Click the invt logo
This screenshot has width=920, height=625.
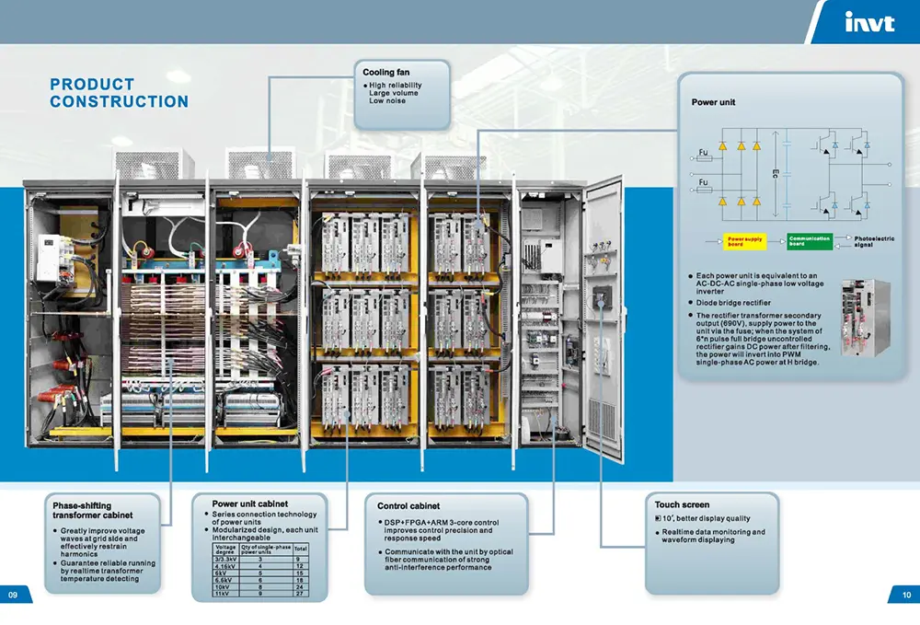pyautogui.click(x=868, y=23)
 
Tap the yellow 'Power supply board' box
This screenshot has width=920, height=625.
pyautogui.click(x=744, y=241)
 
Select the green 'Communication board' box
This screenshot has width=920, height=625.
pyautogui.click(x=810, y=241)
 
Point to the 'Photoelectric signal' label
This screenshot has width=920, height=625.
pyautogui.click(x=873, y=241)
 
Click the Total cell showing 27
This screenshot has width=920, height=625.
pyautogui.click(x=300, y=595)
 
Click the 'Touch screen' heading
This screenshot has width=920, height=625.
pyautogui.click(x=682, y=504)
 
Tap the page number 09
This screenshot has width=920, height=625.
pyautogui.click(x=14, y=595)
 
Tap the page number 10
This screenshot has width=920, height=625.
pyautogui.click(x=904, y=595)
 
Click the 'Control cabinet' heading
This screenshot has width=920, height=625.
pyautogui.click(x=408, y=506)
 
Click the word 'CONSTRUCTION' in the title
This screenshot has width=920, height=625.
pyautogui.click(x=119, y=102)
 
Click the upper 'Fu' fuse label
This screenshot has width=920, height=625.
pyautogui.click(x=704, y=152)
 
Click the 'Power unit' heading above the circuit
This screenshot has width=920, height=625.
pyautogui.click(x=713, y=103)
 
